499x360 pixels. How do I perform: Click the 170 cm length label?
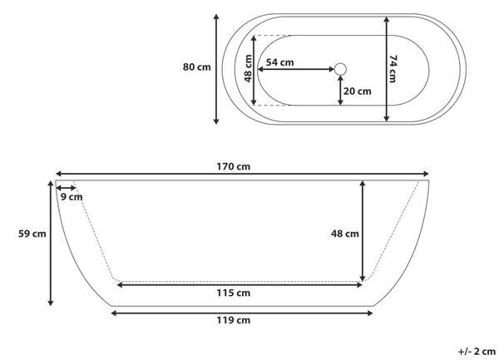click(233, 166)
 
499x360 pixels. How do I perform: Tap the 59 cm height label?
click(32, 234)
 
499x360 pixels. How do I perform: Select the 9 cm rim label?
click(72, 197)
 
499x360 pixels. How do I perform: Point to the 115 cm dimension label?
click(233, 293)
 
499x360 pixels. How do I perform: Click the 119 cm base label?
click(233, 320)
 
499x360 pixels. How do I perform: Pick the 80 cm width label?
click(196, 67)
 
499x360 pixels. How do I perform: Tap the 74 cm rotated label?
click(393, 69)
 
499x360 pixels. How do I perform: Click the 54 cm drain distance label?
click(279, 62)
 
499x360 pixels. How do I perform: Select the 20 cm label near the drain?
click(357, 91)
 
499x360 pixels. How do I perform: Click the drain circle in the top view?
click(340, 69)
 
